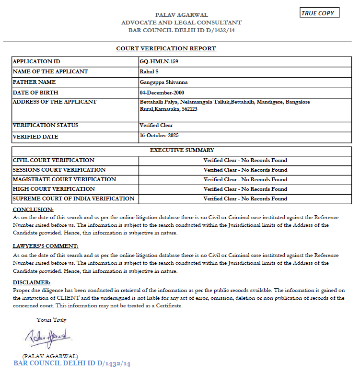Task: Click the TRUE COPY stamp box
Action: click(319, 13)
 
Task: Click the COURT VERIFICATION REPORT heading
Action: click(166, 48)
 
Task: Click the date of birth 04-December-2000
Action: click(162, 93)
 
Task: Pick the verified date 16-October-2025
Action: click(158, 136)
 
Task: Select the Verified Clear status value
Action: click(156, 126)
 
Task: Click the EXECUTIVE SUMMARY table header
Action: click(182, 151)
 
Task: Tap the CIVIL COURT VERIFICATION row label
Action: click(54, 160)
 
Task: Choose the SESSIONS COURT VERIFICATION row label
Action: click(59, 170)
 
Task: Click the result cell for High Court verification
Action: click(245, 189)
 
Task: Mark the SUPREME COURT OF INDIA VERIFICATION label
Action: click(73, 199)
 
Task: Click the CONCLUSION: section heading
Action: click(33, 210)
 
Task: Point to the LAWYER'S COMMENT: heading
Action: click(45, 246)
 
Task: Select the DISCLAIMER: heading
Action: click(32, 282)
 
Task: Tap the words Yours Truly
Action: click(51, 320)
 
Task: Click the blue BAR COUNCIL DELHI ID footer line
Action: click(72, 364)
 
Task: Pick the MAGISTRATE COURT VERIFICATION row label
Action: click(64, 179)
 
